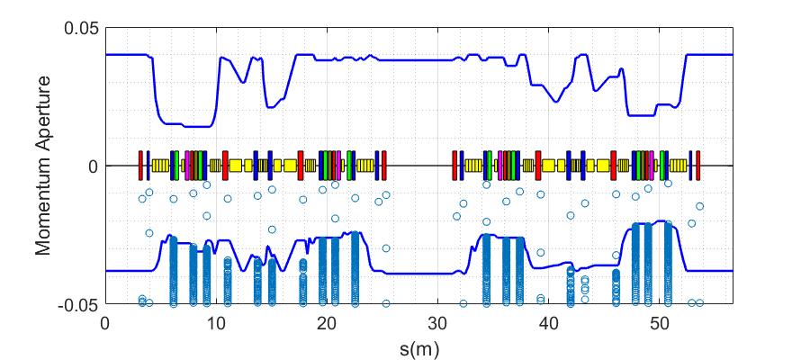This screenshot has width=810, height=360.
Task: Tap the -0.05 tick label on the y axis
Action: pos(79,305)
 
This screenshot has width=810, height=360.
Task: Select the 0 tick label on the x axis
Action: pos(105,321)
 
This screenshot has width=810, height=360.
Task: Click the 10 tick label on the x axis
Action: pos(216,321)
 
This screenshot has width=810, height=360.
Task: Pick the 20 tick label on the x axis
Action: pos(327,321)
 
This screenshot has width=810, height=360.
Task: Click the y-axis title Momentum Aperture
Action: pos(42,166)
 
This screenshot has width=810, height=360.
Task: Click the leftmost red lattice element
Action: pos(140,166)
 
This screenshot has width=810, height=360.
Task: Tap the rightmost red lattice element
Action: pos(697,166)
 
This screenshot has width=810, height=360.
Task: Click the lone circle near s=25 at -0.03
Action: pos(386,248)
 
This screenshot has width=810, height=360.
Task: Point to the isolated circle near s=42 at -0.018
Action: pos(570,215)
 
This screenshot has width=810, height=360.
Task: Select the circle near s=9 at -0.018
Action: pos(206,216)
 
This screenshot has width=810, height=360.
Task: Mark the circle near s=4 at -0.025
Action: pos(149,233)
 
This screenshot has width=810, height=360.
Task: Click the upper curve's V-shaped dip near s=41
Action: pos(557,101)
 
